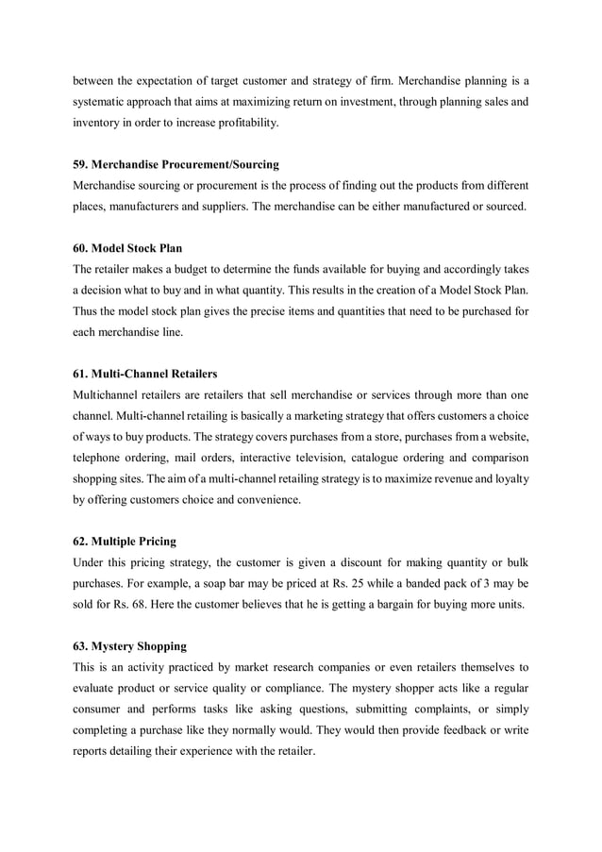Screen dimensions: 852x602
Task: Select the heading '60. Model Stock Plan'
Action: [127, 249]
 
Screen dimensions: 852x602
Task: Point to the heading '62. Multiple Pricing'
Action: [125, 542]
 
